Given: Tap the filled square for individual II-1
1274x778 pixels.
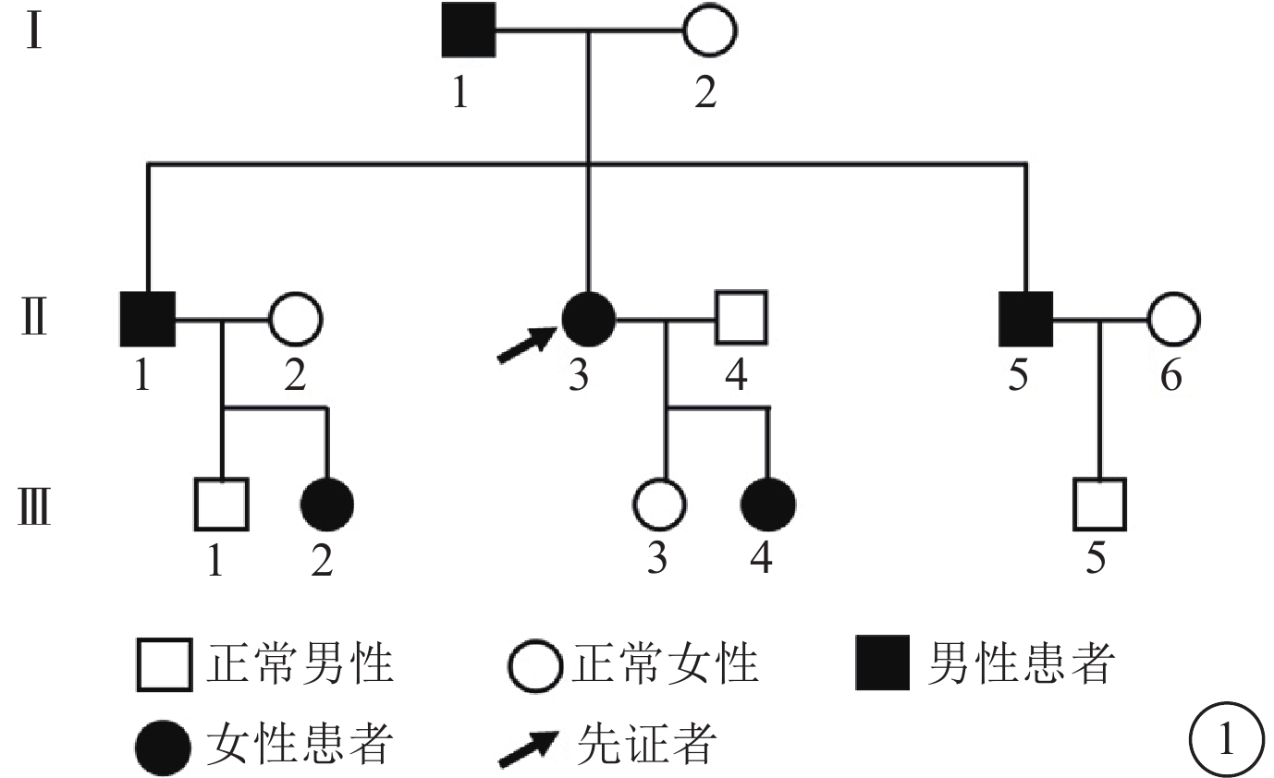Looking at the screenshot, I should [x=148, y=320].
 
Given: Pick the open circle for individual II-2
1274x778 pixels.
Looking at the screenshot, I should [x=295, y=320].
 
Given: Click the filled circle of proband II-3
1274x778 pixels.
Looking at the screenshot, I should [x=589, y=320].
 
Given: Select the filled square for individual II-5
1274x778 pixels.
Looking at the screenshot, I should [x=1026, y=320].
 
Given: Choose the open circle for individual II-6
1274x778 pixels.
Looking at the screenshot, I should [x=1173, y=320].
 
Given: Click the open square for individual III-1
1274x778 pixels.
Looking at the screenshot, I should [x=221, y=504].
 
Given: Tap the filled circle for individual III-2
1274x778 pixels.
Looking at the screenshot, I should [x=326, y=504].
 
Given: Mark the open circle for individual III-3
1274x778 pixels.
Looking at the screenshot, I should [x=659, y=504].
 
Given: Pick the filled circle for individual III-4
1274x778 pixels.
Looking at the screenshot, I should [x=768, y=504].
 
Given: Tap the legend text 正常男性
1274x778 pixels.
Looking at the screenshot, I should [x=300, y=663].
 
